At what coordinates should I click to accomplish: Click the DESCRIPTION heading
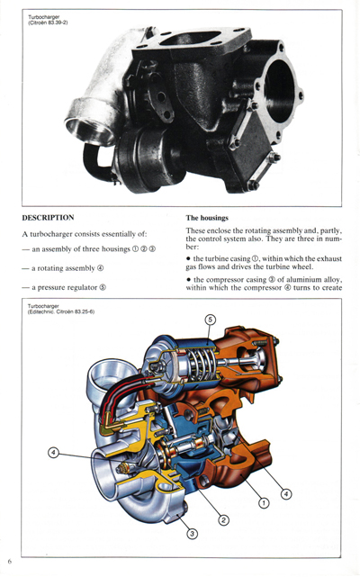coord(48,218)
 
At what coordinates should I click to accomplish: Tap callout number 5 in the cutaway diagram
coord(210,320)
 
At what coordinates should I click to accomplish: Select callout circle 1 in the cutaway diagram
coord(264,503)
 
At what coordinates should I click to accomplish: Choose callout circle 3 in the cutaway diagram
coord(192,534)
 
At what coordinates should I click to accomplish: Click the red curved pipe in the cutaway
coord(108,396)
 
